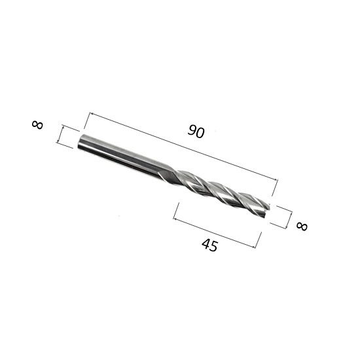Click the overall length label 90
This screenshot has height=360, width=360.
coord(196,132)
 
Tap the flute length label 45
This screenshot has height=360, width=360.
coord(209,245)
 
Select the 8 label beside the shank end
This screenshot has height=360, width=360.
coord(37,125)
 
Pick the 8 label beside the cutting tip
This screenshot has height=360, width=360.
coord(302,226)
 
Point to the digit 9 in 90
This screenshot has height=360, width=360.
coord(192,130)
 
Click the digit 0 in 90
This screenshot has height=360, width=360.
coord(200,134)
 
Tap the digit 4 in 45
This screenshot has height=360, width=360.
coord(206,243)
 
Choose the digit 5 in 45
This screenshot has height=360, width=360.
coord(213,247)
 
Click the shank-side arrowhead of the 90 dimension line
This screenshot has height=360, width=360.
coord(91,113)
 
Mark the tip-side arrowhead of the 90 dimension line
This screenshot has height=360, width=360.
coord(276,179)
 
